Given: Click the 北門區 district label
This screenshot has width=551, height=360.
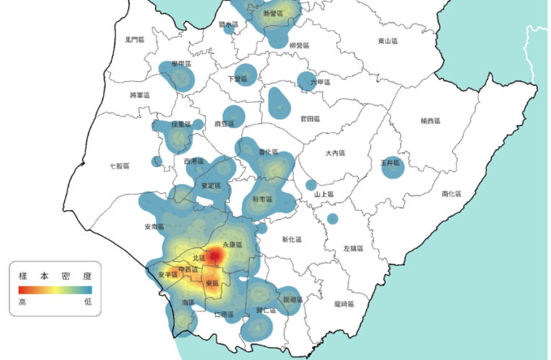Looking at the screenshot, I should tap(134, 40).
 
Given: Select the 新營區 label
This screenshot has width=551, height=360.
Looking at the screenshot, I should tap(273, 13).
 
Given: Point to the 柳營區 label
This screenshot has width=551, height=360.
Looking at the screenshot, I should tap(298, 45).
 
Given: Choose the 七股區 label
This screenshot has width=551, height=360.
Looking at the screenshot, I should tap(119, 166).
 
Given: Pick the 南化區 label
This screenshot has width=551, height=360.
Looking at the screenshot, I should tap(452, 194).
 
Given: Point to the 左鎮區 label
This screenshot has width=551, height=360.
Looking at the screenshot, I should tap(354, 248).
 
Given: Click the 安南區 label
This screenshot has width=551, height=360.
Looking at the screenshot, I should tap(155, 227).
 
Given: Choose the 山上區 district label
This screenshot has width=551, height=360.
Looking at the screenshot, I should tap(325, 194).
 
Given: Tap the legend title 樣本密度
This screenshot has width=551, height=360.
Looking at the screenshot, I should tap(55, 275).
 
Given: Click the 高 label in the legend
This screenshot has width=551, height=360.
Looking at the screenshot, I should tap(22, 302).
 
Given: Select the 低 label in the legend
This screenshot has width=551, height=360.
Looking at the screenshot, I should tap(88, 302).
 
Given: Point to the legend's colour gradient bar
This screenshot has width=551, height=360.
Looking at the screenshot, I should tap(55, 289).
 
